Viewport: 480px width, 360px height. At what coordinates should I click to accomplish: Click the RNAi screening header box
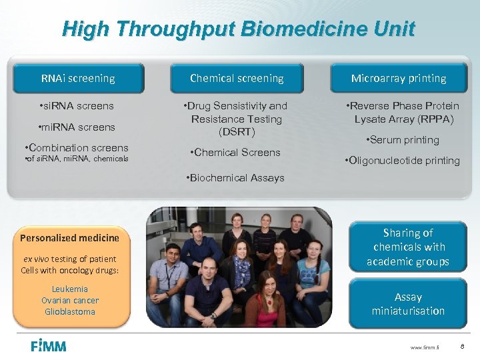[x=78, y=79]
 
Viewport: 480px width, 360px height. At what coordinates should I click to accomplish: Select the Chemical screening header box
[x=237, y=79]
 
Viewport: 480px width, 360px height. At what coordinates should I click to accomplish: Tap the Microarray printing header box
[x=399, y=79]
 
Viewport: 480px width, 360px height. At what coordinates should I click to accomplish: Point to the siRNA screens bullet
[x=76, y=106]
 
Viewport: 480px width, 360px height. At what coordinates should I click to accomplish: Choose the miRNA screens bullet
[x=77, y=127]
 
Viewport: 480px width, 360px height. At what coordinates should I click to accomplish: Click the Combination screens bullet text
[x=75, y=147]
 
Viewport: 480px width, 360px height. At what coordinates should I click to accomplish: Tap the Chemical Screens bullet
[x=235, y=153]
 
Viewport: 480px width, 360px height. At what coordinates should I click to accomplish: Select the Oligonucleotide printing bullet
[x=402, y=161]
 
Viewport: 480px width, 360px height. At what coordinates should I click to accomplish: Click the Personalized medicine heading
[x=70, y=238]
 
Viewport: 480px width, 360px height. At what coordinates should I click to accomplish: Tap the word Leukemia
[x=70, y=289]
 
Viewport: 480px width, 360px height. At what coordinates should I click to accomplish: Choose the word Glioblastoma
[x=70, y=312]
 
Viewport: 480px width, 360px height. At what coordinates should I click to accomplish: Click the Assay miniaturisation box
[x=407, y=304]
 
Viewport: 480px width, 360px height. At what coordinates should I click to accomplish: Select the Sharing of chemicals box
[x=407, y=247]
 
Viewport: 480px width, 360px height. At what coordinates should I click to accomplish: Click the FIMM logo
[x=49, y=345]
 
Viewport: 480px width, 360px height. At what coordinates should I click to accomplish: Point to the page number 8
[x=461, y=346]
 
